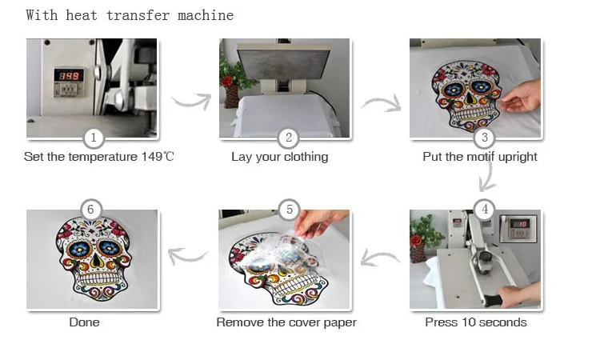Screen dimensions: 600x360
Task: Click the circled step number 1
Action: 94,138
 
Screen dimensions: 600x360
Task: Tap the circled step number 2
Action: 289,138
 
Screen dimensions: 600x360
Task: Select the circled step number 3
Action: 484,138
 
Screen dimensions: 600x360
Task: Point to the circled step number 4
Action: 485,210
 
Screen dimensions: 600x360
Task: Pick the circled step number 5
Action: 290,210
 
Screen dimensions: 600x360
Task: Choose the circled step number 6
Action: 90,210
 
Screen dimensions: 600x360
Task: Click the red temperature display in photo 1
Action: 69,75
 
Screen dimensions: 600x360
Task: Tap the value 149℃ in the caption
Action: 158,157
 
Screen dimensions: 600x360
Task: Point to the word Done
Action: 84,322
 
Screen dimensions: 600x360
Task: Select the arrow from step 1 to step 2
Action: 192,101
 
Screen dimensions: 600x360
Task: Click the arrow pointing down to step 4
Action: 486,178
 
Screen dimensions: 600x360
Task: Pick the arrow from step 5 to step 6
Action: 187,256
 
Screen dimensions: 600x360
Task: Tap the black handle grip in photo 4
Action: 493,301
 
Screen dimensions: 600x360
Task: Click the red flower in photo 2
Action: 227,81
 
